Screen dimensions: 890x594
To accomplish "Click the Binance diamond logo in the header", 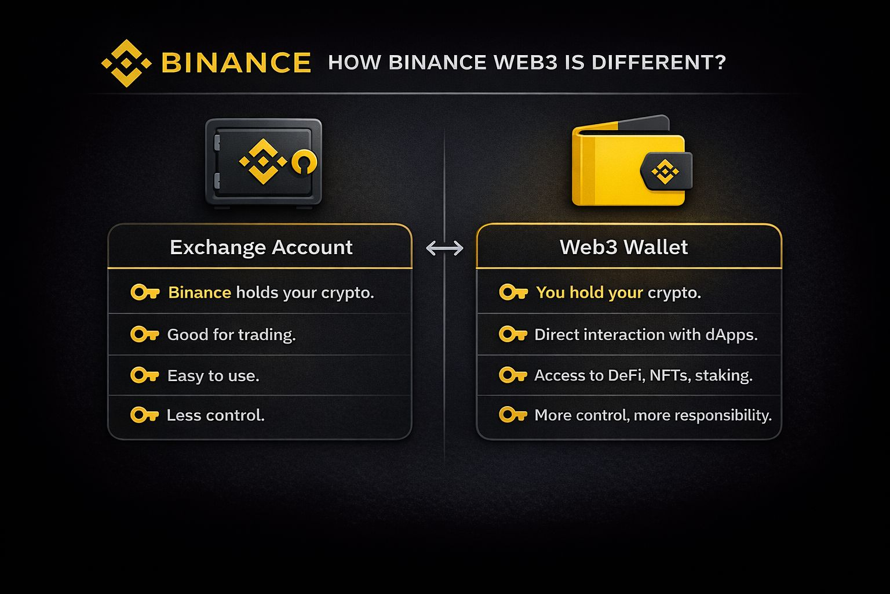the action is pyautogui.click(x=126, y=63).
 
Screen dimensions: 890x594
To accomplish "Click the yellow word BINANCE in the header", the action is pyautogui.click(x=236, y=63).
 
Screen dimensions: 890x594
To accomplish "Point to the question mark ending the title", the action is pyautogui.click(x=720, y=62).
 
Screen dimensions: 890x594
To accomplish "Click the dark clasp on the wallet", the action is pyautogui.click(x=666, y=171).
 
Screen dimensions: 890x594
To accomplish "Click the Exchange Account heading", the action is pyautogui.click(x=261, y=247).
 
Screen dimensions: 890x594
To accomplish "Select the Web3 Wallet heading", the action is pyautogui.click(x=623, y=247).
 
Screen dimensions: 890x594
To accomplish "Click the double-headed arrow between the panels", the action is pyautogui.click(x=444, y=248).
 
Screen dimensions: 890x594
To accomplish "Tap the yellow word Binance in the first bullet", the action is pyautogui.click(x=199, y=292).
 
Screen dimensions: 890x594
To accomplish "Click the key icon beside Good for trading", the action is pyautogui.click(x=144, y=334).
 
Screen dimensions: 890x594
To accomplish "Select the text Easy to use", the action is pyautogui.click(x=213, y=376).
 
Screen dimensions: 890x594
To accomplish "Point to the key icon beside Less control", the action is pyautogui.click(x=144, y=415).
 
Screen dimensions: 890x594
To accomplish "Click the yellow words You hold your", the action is pyautogui.click(x=589, y=292).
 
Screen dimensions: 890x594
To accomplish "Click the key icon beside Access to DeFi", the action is pyautogui.click(x=513, y=375).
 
